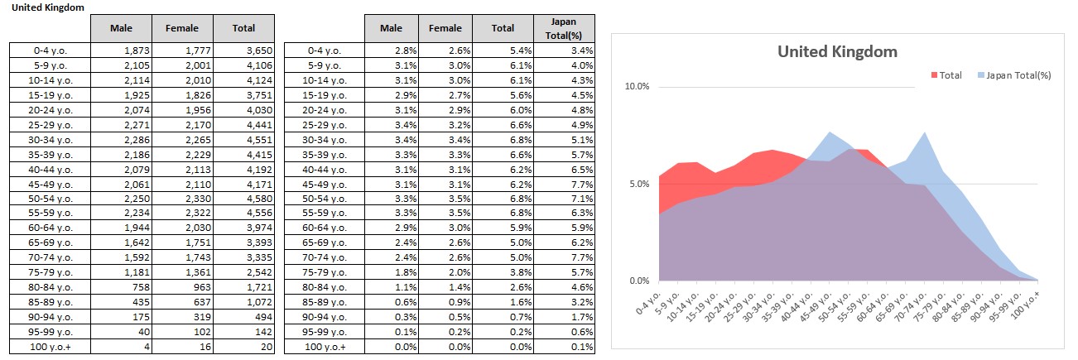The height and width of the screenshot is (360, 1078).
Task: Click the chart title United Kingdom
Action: [837, 51]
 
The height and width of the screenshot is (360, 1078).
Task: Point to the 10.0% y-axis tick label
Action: [638, 87]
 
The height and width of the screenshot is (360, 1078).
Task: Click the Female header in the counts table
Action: [182, 28]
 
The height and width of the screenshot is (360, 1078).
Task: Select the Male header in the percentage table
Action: [391, 28]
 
